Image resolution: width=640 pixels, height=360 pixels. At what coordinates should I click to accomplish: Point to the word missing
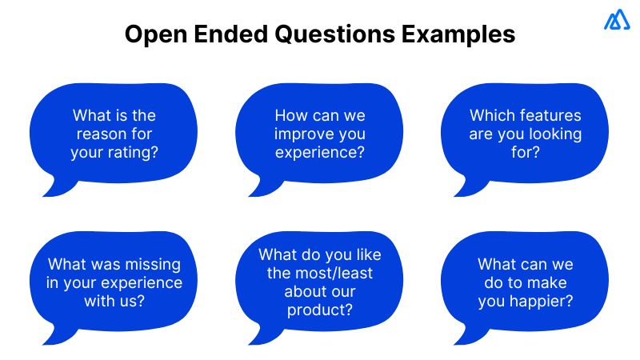pos(149,265)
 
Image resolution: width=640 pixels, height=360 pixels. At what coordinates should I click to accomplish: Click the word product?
pos(320,310)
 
